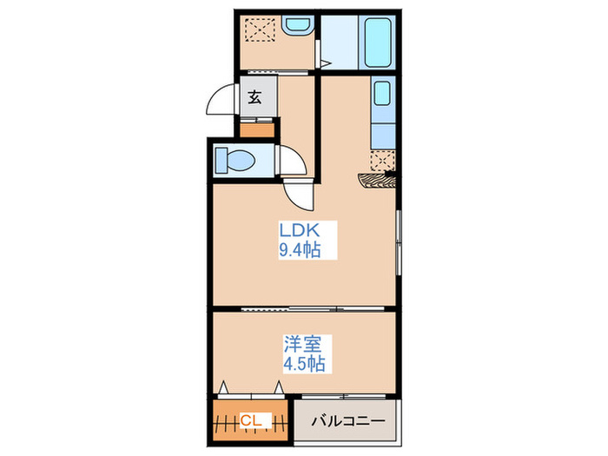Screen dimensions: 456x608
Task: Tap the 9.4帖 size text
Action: [300, 252]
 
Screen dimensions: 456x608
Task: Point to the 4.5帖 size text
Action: [302, 364]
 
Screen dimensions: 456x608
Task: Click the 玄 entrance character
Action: [256, 97]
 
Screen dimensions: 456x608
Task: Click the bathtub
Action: [380, 43]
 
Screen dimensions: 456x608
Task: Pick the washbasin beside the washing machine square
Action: [298, 26]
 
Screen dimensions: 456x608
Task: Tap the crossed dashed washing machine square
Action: [259, 32]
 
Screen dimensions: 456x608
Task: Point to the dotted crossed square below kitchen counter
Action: [382, 160]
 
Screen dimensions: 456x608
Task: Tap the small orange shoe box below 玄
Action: [256, 131]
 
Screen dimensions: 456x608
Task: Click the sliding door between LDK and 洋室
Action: [304, 308]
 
